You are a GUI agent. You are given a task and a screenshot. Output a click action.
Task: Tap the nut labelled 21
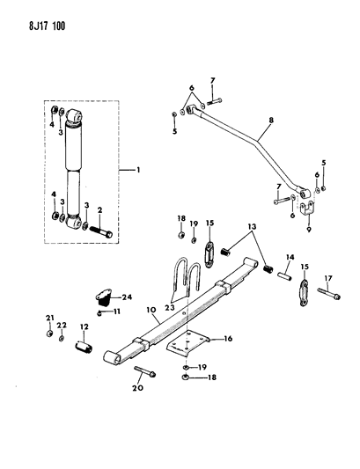point(50,333)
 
